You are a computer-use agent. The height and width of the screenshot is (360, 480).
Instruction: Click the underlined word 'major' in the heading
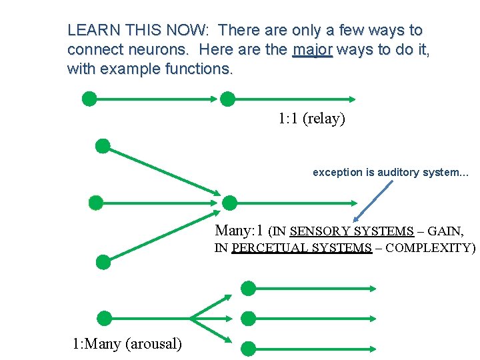pyautogui.click(x=312, y=50)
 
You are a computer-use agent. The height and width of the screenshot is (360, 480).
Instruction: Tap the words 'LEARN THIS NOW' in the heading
pyautogui.click(x=137, y=30)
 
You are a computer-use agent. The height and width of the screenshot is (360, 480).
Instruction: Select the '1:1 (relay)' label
pyautogui.click(x=311, y=119)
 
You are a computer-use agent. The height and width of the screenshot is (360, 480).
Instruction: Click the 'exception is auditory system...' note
pyautogui.click(x=391, y=172)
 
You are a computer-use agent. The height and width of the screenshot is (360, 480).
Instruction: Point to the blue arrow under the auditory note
pyautogui.click(x=373, y=200)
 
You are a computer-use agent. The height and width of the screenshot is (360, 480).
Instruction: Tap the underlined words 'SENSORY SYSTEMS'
pyautogui.click(x=352, y=231)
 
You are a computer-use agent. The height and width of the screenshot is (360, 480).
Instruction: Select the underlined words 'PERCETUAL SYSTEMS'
pyautogui.click(x=301, y=249)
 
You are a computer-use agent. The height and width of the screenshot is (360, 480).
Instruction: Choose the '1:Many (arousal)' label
pyautogui.click(x=127, y=344)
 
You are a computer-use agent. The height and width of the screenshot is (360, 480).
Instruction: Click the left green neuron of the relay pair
pyautogui.click(x=89, y=99)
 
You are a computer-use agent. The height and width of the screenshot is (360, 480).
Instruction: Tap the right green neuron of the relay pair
pyautogui.click(x=227, y=99)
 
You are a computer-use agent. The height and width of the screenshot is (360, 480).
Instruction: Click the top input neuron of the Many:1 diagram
pyautogui.click(x=103, y=146)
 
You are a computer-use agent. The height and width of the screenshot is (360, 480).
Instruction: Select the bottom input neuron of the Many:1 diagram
pyautogui.click(x=103, y=261)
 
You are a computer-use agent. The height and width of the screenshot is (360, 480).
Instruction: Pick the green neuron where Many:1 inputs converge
pyautogui.click(x=229, y=203)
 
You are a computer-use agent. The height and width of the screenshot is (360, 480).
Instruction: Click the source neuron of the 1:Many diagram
pyautogui.click(x=104, y=318)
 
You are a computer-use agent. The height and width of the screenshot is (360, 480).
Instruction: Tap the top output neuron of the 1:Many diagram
pyautogui.click(x=248, y=288)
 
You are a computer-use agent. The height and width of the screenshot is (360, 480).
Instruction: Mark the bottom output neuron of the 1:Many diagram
pyautogui.click(x=248, y=347)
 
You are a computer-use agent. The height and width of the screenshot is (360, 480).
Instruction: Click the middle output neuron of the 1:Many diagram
pyautogui.click(x=248, y=318)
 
